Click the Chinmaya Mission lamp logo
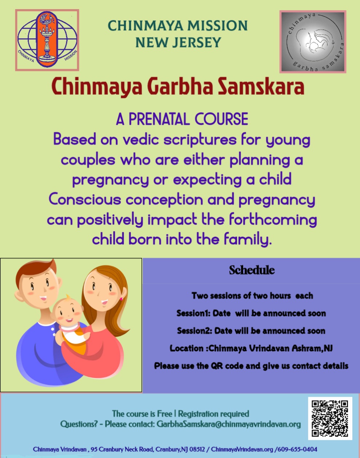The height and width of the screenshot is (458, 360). click(47, 40)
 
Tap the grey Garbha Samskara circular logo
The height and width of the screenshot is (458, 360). click(312, 41)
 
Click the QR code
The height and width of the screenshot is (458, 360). click(330, 418)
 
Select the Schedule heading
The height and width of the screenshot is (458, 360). click(252, 270)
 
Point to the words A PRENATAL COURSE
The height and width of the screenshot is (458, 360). click(182, 119)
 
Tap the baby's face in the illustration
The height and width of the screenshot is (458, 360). click(68, 313)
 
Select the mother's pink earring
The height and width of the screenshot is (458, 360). click(121, 299)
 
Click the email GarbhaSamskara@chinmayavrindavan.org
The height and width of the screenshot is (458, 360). click(229, 424)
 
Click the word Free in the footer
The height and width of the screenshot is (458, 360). click(165, 414)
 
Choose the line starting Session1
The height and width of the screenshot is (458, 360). click(251, 313)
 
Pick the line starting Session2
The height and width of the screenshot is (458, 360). click(251, 331)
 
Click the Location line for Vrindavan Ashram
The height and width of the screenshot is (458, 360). click(251, 348)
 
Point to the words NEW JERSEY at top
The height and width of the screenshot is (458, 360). click(178, 43)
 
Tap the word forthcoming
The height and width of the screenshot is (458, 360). click(273, 219)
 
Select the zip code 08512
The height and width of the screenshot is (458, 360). click(197, 449)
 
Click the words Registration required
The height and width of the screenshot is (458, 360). click(213, 414)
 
